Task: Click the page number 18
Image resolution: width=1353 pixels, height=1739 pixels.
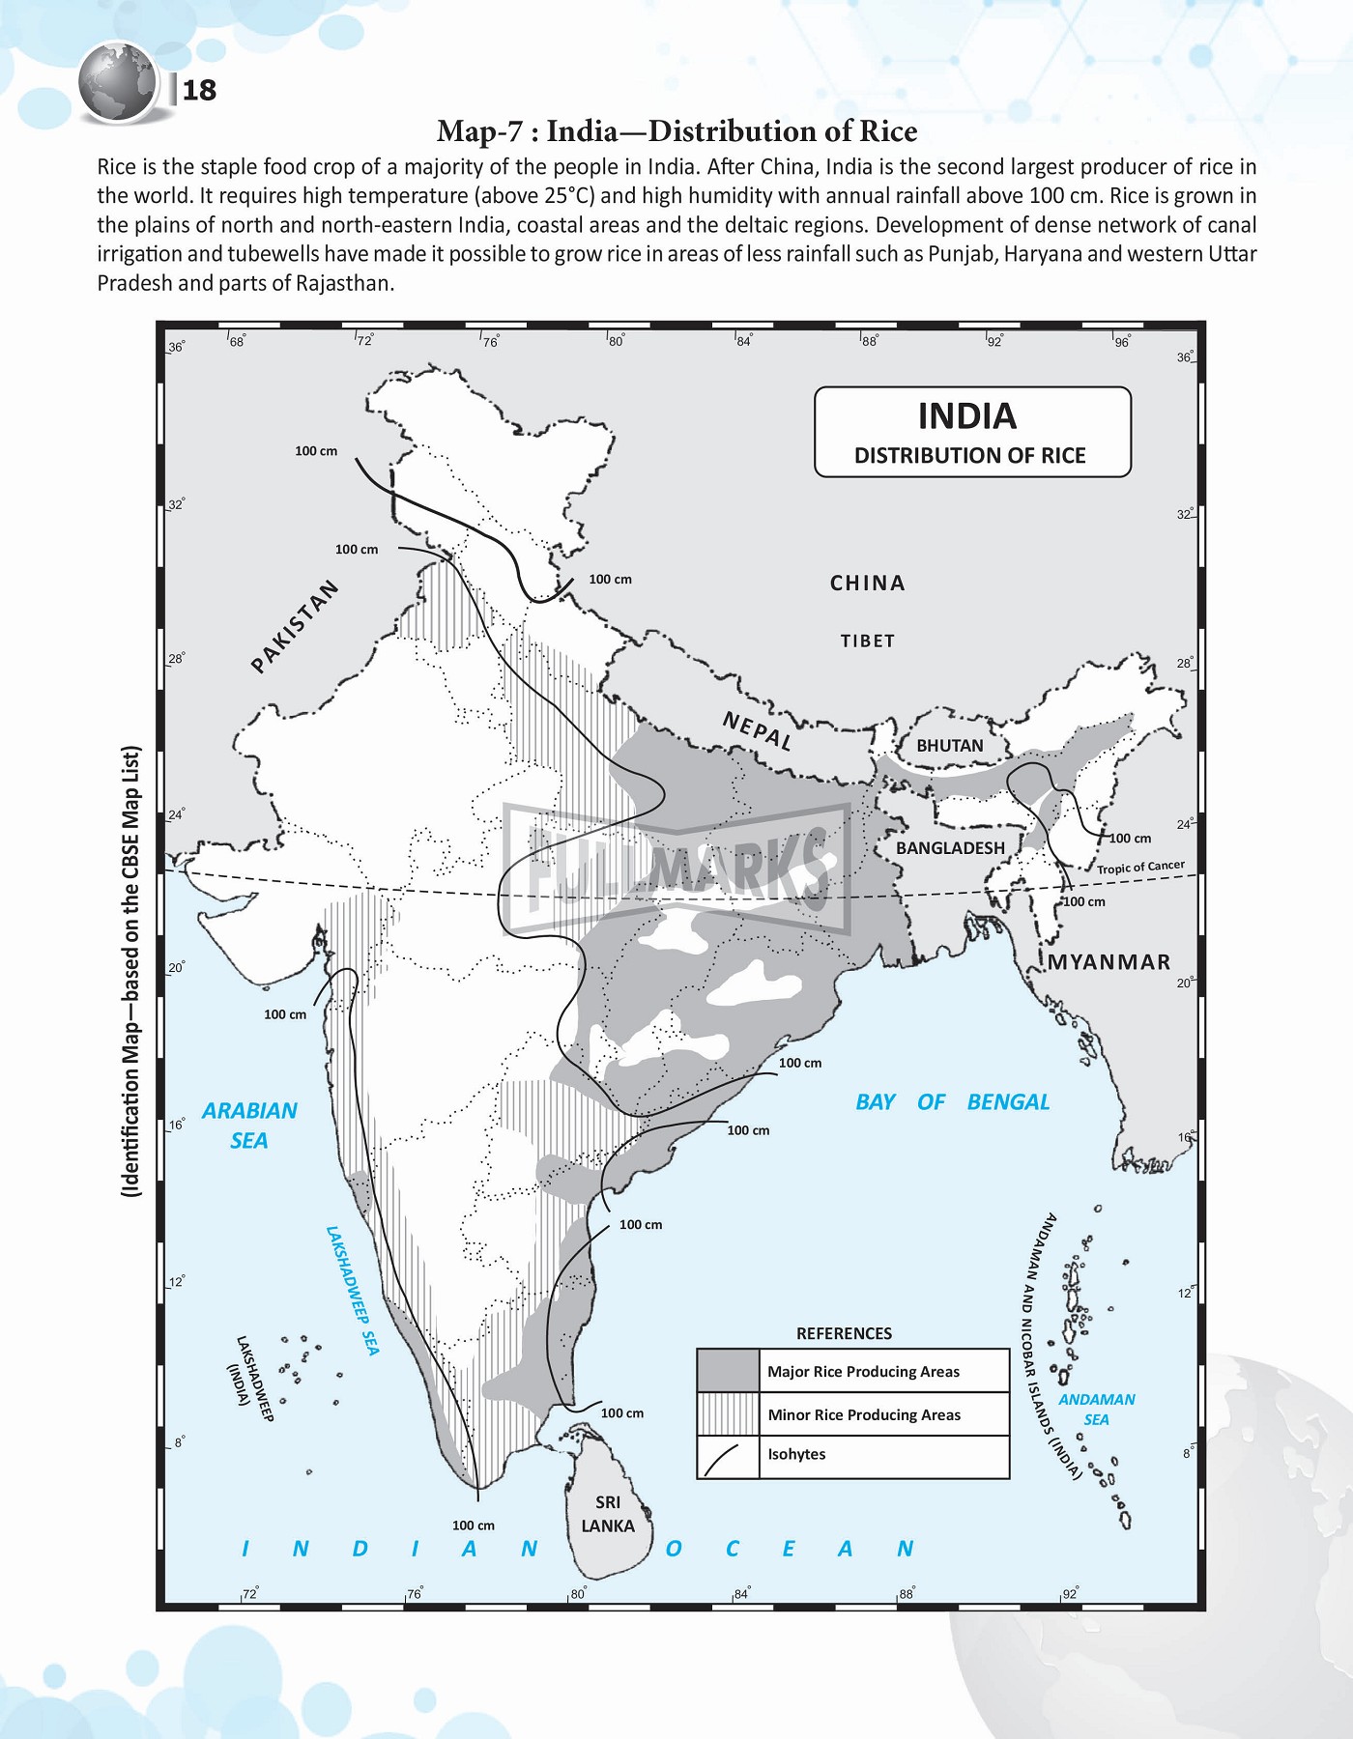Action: pyautogui.click(x=199, y=90)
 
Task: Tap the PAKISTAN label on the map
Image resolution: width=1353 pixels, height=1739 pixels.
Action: pyautogui.click(x=295, y=626)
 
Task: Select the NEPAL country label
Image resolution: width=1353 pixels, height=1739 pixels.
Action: pyautogui.click(x=757, y=731)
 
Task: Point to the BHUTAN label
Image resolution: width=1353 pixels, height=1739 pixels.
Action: pyautogui.click(x=949, y=746)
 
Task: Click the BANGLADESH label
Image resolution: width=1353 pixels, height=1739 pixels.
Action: pyautogui.click(x=950, y=848)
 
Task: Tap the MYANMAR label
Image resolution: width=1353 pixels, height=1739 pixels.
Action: pyautogui.click(x=1108, y=962)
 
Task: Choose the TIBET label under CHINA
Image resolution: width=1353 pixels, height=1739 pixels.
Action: pyautogui.click(x=867, y=641)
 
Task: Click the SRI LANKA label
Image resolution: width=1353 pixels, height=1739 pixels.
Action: pyautogui.click(x=608, y=1514)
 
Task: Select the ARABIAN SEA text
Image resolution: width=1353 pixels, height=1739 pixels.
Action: pyautogui.click(x=249, y=1126)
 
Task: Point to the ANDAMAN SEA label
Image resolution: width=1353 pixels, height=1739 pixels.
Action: pyautogui.click(x=1096, y=1410)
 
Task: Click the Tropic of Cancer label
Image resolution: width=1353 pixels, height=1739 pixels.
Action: pyautogui.click(x=1140, y=868)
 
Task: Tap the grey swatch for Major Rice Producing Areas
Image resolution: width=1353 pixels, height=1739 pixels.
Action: pyautogui.click(x=728, y=1371)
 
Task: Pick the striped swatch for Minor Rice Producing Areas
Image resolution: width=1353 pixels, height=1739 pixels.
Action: pyautogui.click(x=728, y=1414)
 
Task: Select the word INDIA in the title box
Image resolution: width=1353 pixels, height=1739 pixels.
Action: pyautogui.click(x=966, y=416)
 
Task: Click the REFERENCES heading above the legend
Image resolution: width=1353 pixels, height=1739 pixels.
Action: pyautogui.click(x=844, y=1333)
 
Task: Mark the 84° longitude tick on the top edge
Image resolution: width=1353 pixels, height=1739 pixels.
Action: pyautogui.click(x=741, y=340)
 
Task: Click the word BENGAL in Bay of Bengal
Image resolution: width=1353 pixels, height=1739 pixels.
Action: pyautogui.click(x=1007, y=1102)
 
